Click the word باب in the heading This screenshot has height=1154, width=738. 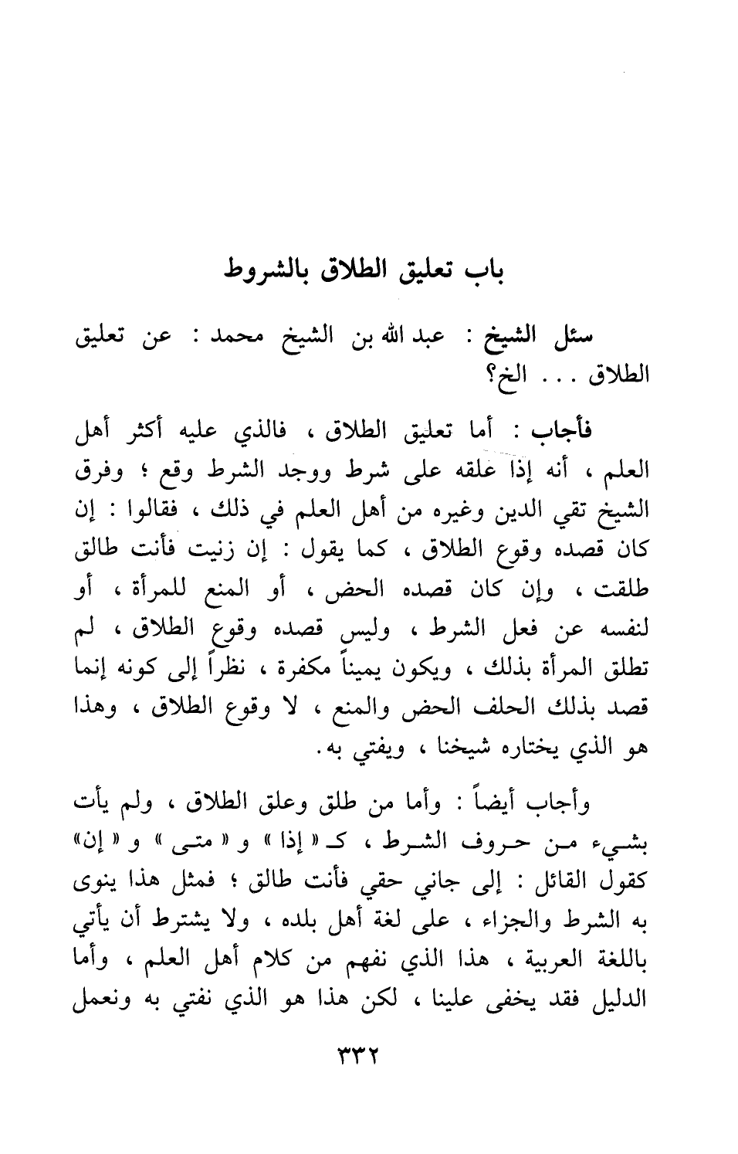point(488,273)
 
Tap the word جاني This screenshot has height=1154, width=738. point(463,884)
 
